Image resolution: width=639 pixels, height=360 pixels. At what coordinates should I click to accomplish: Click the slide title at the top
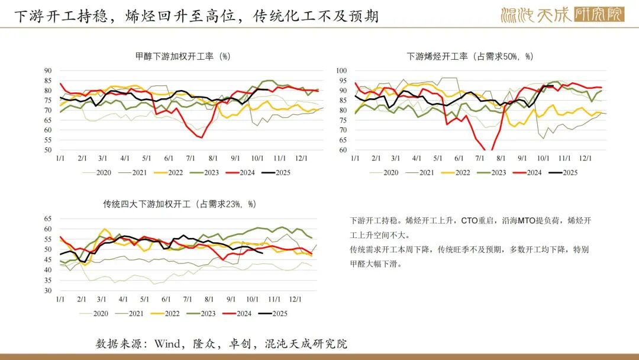pos(196,16)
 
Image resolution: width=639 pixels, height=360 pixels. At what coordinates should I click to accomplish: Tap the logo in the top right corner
pos(562,14)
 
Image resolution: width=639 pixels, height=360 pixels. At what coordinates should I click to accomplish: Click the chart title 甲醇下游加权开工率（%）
pos(182,57)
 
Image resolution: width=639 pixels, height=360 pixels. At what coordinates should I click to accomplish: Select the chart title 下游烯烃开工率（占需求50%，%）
pos(470,57)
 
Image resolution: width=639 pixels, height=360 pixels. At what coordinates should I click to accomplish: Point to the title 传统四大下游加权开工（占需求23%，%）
pos(180,204)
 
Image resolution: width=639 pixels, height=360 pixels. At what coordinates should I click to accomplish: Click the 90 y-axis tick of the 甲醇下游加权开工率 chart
pos(49,70)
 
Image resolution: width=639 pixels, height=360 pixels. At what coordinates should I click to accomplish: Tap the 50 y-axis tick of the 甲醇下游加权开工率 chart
pos(49,150)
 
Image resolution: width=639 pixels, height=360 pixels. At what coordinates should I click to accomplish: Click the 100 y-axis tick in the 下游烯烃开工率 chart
pos(341,70)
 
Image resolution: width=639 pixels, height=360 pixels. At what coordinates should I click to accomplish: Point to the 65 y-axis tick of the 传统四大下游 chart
pos(49,218)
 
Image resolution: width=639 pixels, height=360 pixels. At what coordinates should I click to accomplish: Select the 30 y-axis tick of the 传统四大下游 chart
pos(49,291)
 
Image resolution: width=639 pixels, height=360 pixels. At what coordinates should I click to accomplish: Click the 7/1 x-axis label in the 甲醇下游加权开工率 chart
pos(191,159)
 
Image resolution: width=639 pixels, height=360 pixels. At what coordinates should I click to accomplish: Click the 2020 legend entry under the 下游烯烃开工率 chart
pos(390,173)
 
